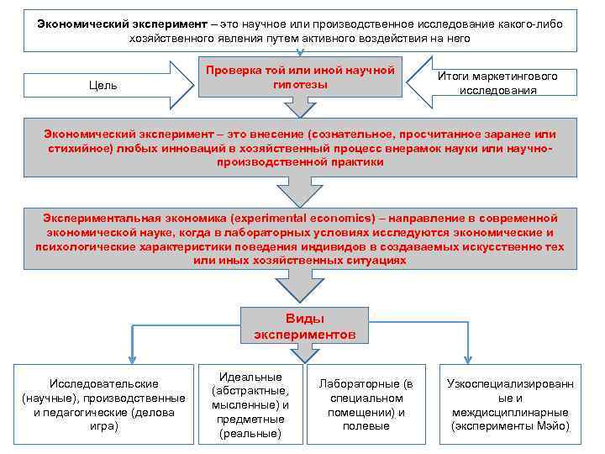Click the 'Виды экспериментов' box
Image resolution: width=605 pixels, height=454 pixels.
(x=304, y=326)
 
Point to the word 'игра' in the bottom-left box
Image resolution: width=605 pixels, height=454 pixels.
(x=103, y=426)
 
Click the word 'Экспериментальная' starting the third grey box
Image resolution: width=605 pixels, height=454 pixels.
(x=97, y=217)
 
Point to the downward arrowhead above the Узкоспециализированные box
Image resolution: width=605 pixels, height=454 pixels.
(x=468, y=356)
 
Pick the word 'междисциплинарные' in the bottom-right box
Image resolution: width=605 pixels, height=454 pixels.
(x=510, y=412)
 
